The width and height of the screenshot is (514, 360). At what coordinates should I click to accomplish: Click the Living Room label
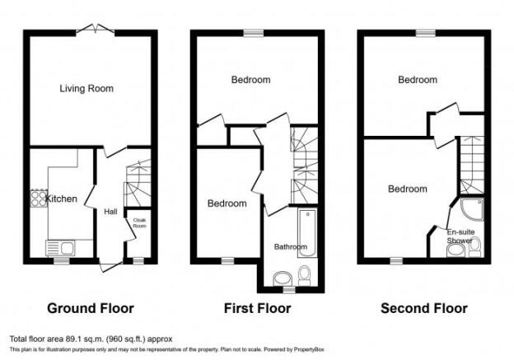(86, 88)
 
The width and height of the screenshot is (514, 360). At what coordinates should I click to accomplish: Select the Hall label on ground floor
(110, 212)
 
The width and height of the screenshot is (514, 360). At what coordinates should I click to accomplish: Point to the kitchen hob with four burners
(38, 198)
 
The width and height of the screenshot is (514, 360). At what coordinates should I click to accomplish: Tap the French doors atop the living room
(91, 31)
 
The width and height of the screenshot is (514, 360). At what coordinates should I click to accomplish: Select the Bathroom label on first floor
(290, 246)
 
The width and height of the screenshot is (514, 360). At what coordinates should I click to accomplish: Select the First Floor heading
(257, 309)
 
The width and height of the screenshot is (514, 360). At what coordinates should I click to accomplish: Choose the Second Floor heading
(423, 309)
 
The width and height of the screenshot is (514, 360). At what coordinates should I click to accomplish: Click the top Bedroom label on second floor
(418, 80)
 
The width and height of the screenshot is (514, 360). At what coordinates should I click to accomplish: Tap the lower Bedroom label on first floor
(227, 203)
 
